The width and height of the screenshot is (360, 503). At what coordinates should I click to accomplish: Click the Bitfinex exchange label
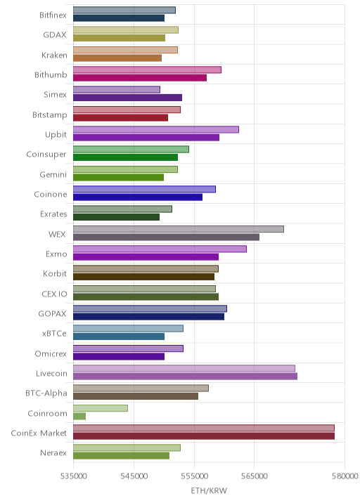tap(53, 15)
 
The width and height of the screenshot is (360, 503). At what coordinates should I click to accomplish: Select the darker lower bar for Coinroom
tap(79, 416)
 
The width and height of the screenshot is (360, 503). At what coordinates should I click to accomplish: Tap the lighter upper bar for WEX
tap(179, 229)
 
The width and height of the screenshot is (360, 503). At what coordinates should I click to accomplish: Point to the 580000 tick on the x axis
tap(345, 476)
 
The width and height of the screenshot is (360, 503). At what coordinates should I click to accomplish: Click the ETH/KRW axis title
tap(209, 491)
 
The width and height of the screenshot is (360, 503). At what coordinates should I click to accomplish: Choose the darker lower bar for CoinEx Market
tap(204, 436)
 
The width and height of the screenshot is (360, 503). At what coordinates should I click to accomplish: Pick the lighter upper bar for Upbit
tap(156, 129)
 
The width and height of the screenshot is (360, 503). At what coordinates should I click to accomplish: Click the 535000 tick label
tap(74, 476)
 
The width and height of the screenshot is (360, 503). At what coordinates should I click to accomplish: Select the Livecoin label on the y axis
tap(51, 374)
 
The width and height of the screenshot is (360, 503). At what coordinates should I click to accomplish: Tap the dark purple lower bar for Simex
tap(127, 98)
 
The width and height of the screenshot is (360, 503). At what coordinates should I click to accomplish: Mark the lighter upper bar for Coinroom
tap(101, 408)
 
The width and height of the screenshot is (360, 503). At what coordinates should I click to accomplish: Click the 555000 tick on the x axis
tap(194, 476)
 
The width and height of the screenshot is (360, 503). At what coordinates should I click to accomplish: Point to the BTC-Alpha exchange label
tap(46, 393)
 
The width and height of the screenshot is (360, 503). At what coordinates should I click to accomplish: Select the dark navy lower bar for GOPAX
tap(148, 317)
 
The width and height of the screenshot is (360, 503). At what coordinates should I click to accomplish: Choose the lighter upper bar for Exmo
tap(160, 249)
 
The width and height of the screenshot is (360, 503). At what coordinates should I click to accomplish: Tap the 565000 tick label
tap(254, 476)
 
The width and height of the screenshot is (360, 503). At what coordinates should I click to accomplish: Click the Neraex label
tap(53, 453)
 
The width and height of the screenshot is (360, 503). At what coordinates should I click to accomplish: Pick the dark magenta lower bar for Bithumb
tap(140, 78)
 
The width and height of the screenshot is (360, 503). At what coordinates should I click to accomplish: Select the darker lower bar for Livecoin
tap(186, 377)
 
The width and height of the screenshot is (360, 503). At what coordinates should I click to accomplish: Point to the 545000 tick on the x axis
tap(134, 476)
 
